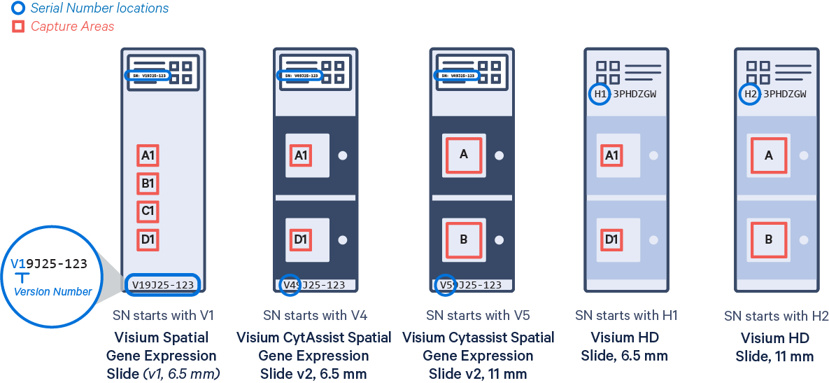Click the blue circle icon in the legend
[19, 9]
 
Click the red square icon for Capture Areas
[19, 27]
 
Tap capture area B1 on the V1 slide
[148, 183]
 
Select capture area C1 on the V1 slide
[148, 211]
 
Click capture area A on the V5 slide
[463, 155]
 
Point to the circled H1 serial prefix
[600, 95]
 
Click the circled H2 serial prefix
[750, 95]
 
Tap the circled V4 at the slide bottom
[290, 285]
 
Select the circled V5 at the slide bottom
[446, 285]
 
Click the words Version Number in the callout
[53, 291]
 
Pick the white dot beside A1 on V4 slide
[343, 156]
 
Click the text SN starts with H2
[776, 316]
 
